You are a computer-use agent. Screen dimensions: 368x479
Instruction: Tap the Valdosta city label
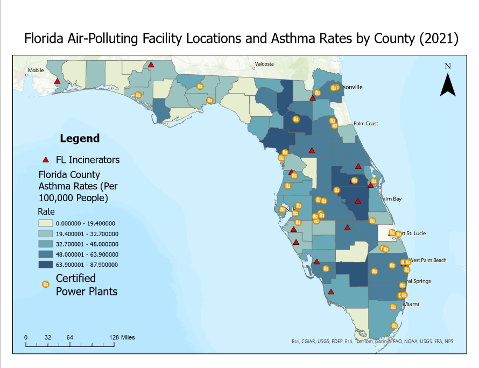264,64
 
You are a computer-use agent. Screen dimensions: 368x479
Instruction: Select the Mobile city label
36,70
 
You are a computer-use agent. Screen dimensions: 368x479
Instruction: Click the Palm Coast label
365,124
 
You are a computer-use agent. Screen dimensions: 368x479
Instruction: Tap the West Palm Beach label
428,260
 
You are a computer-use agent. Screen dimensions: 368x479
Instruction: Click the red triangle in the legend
46,160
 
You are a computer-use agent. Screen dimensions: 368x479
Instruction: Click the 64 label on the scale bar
69,337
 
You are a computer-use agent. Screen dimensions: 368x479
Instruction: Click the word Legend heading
80,138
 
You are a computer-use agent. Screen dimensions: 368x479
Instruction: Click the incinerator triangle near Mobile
57,81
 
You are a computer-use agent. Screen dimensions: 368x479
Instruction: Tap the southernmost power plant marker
393,326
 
